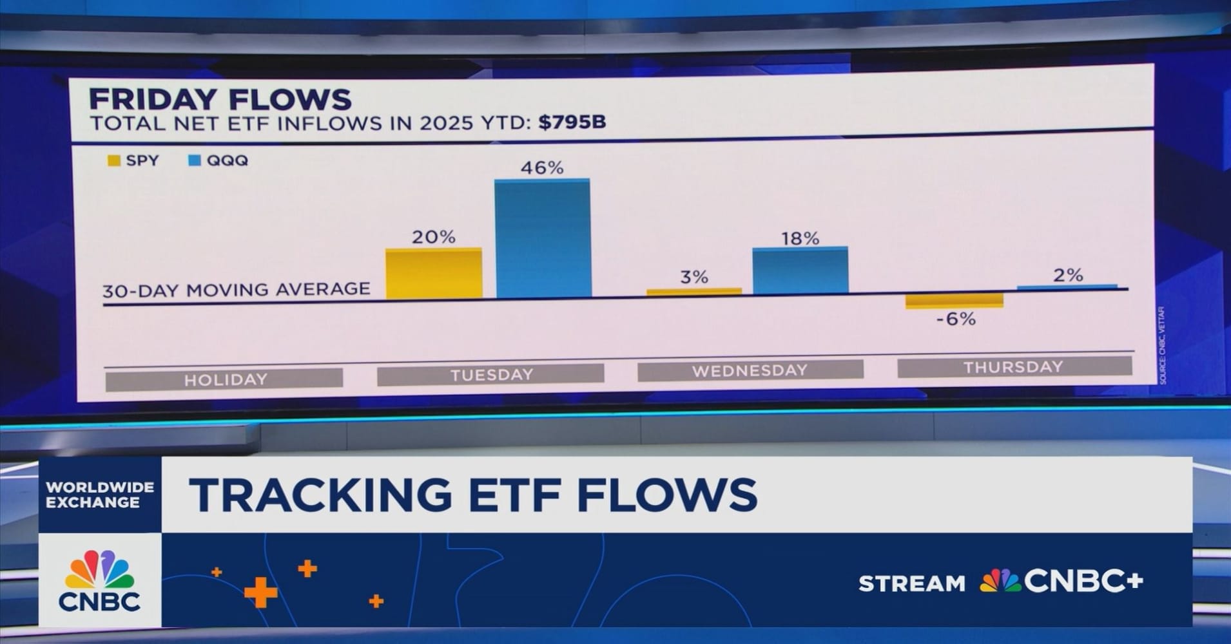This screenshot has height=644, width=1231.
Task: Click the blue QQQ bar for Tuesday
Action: (x=543, y=238)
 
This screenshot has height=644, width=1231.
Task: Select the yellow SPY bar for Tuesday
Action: (x=434, y=274)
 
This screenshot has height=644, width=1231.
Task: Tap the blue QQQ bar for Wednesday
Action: (x=800, y=270)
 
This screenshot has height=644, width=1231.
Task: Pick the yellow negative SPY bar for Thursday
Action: (x=955, y=301)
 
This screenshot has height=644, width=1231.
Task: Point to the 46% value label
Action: (x=542, y=168)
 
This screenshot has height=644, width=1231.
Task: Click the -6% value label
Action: (x=956, y=319)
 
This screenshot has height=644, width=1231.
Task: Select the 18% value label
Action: (x=800, y=239)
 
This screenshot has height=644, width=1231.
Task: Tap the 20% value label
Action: (x=434, y=238)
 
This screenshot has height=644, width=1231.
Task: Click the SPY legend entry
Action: (x=134, y=160)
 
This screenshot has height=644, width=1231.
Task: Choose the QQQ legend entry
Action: (x=218, y=160)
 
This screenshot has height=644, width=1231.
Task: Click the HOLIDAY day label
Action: (x=225, y=379)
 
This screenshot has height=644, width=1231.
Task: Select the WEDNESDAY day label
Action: (x=750, y=370)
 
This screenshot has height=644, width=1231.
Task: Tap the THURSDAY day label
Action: (x=1013, y=367)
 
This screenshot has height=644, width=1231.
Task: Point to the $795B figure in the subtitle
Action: (x=572, y=122)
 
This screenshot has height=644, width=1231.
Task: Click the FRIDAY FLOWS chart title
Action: (x=220, y=100)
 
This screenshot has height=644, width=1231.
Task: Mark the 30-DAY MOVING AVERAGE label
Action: (x=237, y=290)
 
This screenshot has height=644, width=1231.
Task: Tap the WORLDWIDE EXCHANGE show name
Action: (x=100, y=495)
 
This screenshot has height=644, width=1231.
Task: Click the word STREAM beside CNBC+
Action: (x=911, y=583)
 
